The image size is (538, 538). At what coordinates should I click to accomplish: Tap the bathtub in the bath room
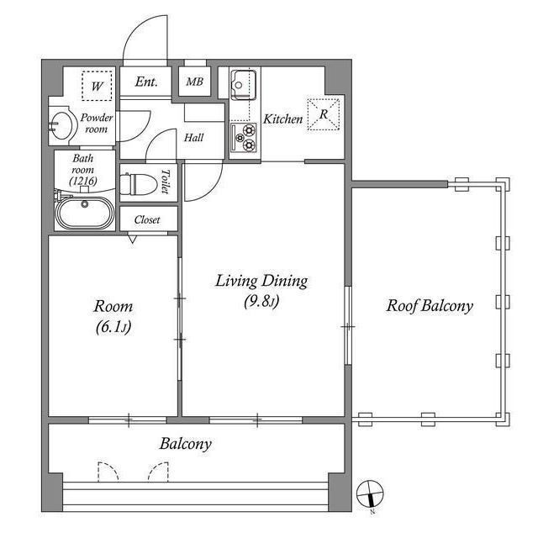(x=85, y=213)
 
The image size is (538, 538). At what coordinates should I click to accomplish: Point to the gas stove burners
(x=243, y=138)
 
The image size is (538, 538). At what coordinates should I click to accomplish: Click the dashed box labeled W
(x=98, y=86)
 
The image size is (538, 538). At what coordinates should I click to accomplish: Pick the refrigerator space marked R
(x=323, y=114)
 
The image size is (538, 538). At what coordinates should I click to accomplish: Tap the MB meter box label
(x=194, y=82)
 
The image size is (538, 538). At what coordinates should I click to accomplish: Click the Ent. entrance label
(x=146, y=82)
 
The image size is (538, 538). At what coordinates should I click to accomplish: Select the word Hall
(x=194, y=138)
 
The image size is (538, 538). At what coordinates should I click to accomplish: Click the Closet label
(x=147, y=219)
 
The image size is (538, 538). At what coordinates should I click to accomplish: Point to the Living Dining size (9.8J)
(x=261, y=301)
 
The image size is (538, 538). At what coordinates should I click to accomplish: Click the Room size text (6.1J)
(x=113, y=327)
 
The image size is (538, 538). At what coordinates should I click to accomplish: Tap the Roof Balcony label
(x=430, y=306)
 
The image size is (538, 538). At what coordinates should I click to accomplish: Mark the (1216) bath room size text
(x=83, y=181)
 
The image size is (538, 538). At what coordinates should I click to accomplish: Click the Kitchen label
(x=283, y=119)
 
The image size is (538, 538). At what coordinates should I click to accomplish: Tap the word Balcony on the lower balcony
(x=186, y=444)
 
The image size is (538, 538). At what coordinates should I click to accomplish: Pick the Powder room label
(x=97, y=124)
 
